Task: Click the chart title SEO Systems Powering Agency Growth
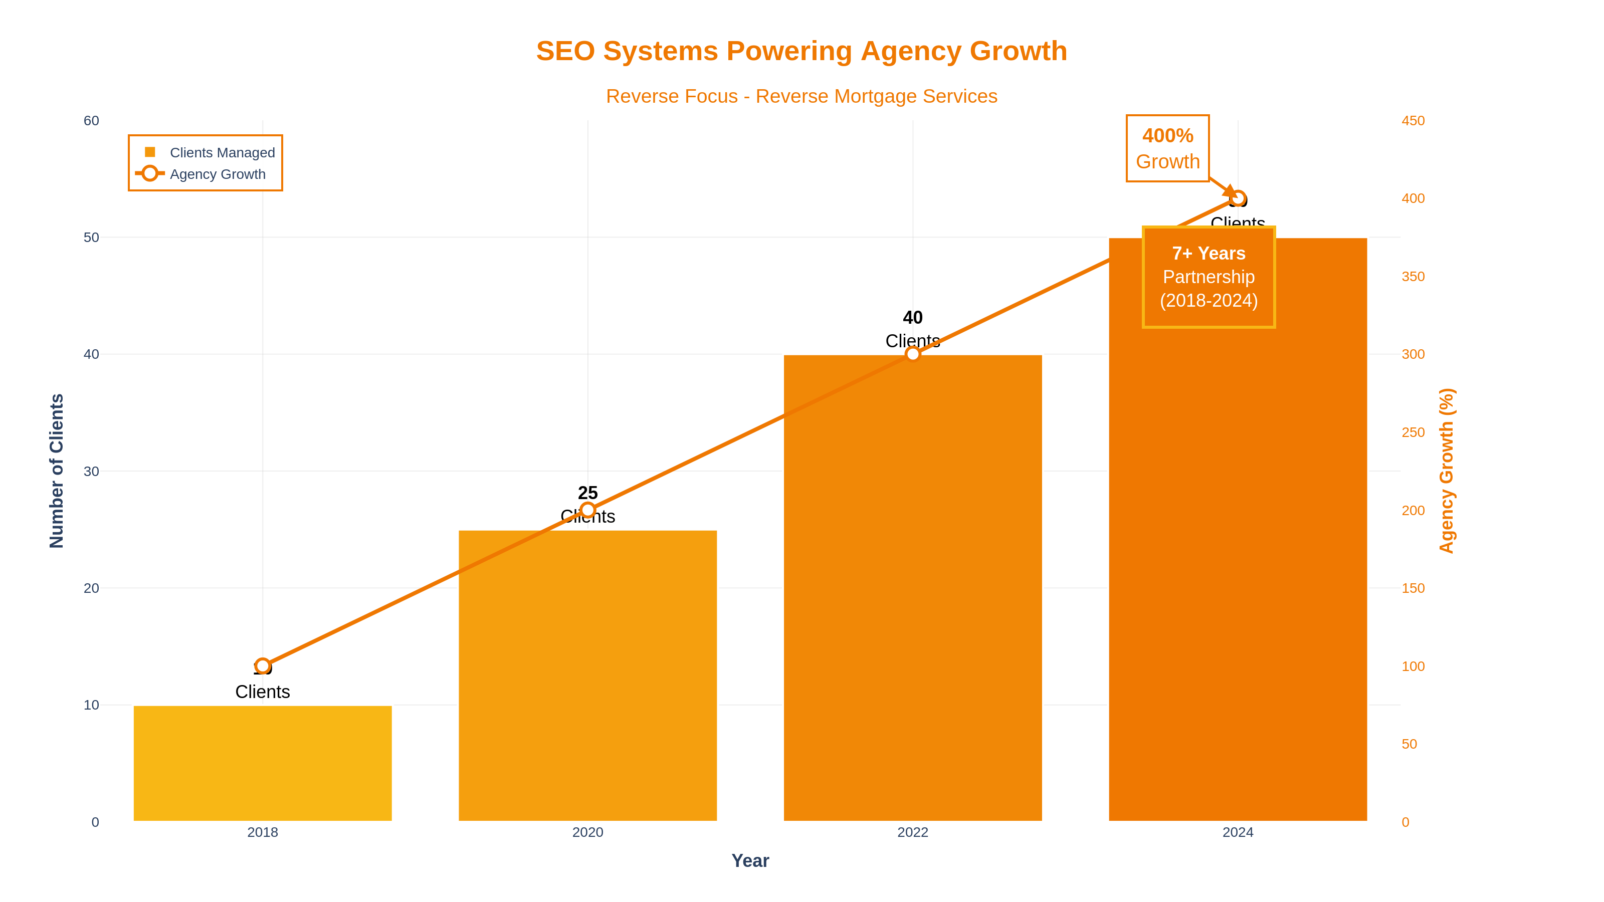pos(801,51)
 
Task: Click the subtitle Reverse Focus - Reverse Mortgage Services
pos(801,97)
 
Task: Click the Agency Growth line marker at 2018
pos(262,666)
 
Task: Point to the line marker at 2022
pos(912,354)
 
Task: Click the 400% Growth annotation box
pos(1167,148)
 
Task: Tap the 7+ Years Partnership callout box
pos(1209,277)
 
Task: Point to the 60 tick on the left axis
pos(92,121)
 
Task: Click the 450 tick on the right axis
pos(1413,121)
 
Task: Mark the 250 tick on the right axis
pos(1413,432)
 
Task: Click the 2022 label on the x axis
pos(912,832)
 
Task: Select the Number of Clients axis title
pos(57,471)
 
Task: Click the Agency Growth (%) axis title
pos(1447,471)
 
